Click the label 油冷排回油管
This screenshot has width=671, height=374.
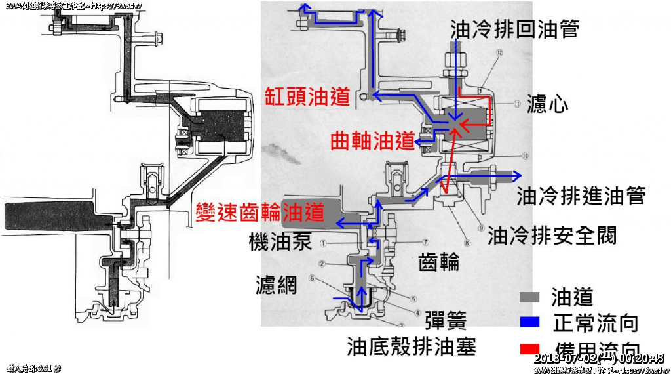click(514, 28)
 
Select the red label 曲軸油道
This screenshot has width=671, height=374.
click(373, 140)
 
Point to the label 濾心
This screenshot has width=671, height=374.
click(546, 104)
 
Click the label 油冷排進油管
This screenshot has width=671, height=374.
click(581, 196)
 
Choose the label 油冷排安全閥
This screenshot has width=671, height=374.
click(552, 236)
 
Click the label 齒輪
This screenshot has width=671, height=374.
click(438, 262)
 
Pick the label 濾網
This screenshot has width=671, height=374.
click(276, 284)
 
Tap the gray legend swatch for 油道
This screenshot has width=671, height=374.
click(529, 297)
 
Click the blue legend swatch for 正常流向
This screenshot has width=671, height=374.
click(529, 322)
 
